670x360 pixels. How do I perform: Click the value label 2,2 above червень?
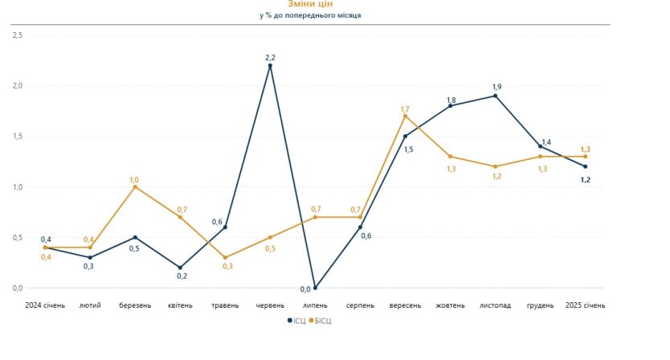270,57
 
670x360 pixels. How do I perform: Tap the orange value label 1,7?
405,108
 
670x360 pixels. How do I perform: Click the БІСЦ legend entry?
320,321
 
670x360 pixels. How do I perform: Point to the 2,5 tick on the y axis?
18,35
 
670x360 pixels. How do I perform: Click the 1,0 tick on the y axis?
18,187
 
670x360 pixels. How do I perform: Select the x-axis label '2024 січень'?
45,305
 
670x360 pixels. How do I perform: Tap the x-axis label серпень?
360,305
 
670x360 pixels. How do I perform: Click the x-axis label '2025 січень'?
585,305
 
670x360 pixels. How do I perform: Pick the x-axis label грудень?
540,305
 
